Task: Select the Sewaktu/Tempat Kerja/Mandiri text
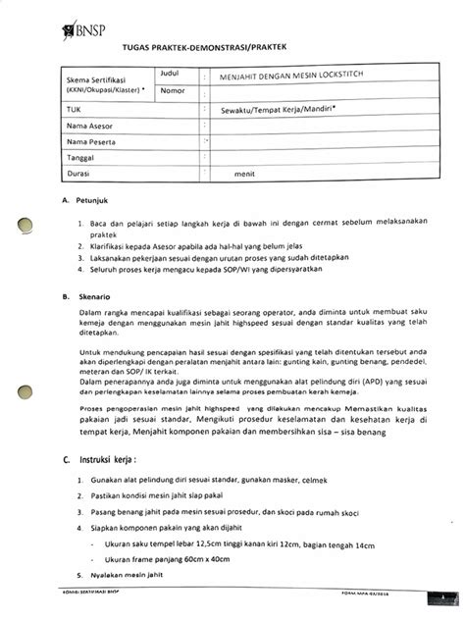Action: click(x=274, y=110)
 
